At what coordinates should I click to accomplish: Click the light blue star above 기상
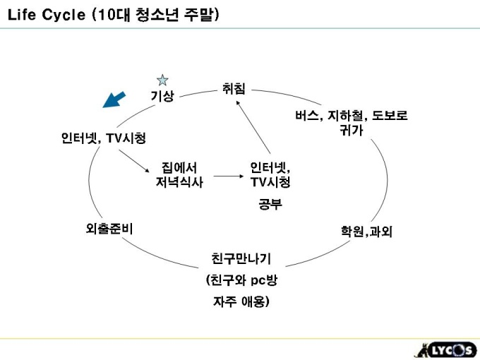coord(162,80)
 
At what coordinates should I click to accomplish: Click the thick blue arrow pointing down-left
coord(113,100)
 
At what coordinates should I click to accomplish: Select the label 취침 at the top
coord(234,90)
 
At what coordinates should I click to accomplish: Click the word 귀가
coord(351,130)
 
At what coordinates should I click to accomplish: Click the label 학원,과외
coord(366,232)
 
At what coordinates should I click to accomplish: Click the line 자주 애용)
coord(241,302)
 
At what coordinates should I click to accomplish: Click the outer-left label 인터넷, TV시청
coord(104,138)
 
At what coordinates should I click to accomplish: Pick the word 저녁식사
coord(179,183)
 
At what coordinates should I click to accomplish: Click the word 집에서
coord(179,168)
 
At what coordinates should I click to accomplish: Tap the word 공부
coord(270,205)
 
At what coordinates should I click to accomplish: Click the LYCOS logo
coord(441,349)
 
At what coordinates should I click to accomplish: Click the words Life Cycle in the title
coord(47,15)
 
